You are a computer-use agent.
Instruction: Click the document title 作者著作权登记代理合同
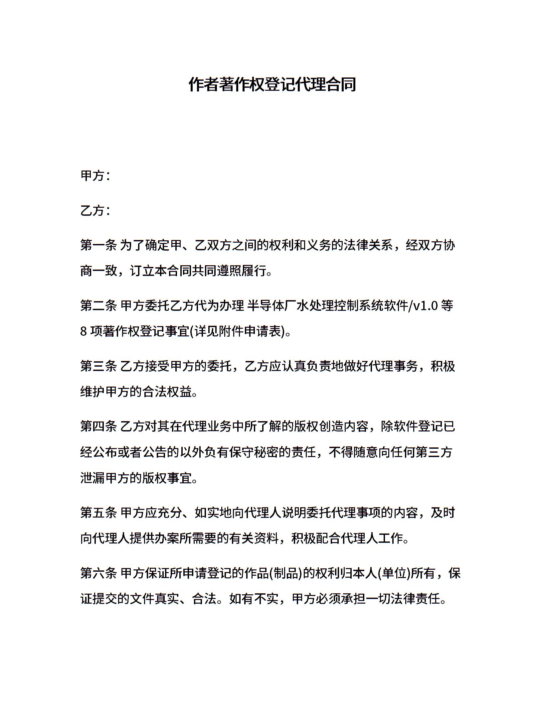pyautogui.click(x=272, y=84)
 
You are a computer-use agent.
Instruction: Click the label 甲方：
pyautogui.click(x=95, y=176)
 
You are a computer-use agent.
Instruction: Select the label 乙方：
pyautogui.click(x=95, y=211)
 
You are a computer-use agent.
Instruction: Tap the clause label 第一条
pyautogui.click(x=98, y=245)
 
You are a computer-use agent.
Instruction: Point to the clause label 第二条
pyautogui.click(x=98, y=305)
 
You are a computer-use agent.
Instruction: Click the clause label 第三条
pyautogui.click(x=98, y=366)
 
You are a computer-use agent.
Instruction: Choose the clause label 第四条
pyautogui.click(x=98, y=426)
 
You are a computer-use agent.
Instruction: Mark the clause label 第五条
pyautogui.click(x=98, y=513)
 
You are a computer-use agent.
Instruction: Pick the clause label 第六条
pyautogui.click(x=98, y=573)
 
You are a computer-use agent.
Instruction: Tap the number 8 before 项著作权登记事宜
pyautogui.click(x=84, y=332)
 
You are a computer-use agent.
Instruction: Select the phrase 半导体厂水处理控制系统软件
pyautogui.click(x=327, y=305)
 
